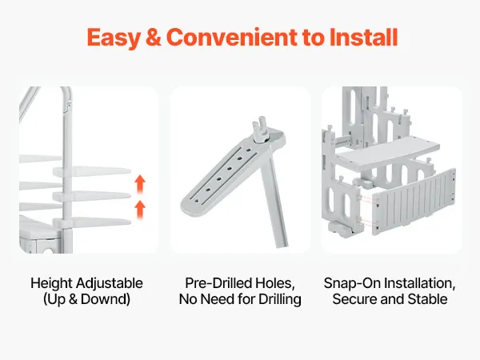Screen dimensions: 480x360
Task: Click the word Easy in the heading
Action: pos(114,38)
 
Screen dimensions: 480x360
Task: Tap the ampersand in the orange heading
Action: pos(153,38)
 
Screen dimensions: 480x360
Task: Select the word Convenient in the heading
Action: pos(231,38)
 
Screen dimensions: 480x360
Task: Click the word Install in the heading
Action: pos(364,37)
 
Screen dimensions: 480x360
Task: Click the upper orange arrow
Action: pos(140,184)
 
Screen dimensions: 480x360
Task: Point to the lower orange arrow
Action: pos(140,209)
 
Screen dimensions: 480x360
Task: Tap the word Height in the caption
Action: pos(51,283)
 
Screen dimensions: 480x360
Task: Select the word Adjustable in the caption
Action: pos(110,283)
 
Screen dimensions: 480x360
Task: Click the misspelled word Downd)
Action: pos(106,299)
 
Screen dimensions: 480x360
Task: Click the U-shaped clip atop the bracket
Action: pos(259,129)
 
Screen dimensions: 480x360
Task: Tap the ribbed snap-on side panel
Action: pos(414,202)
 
